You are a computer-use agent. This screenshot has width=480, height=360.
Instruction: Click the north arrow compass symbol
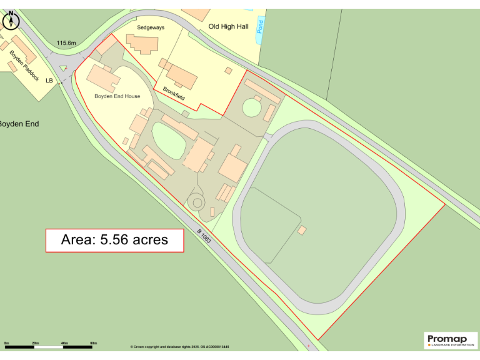click(x=11, y=21)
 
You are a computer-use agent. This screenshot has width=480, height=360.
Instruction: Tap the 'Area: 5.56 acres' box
click(x=114, y=240)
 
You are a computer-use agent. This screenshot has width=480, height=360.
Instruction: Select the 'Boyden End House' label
click(x=117, y=96)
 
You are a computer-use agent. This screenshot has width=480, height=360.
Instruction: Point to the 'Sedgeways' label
click(x=149, y=28)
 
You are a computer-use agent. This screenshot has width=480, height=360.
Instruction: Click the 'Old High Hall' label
click(x=229, y=26)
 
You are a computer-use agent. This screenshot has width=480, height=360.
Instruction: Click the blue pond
click(x=261, y=31)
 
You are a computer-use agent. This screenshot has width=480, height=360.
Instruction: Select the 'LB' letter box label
click(x=49, y=80)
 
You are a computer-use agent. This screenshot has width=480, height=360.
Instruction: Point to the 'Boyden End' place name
click(x=18, y=124)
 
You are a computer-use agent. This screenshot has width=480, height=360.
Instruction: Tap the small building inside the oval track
click(x=302, y=231)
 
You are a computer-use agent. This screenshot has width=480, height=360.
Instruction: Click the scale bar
click(x=50, y=346)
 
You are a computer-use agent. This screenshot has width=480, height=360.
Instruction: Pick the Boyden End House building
click(x=101, y=77)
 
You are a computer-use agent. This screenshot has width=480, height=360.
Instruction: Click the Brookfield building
click(x=181, y=76)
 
